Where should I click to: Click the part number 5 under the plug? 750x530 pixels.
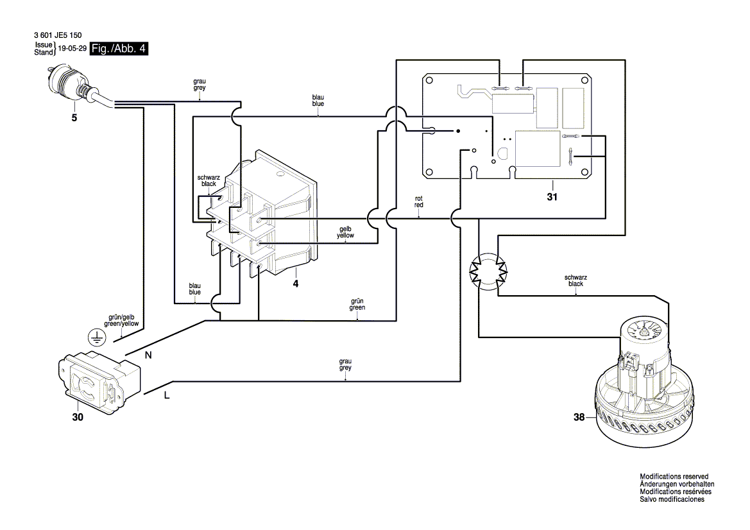[74, 119]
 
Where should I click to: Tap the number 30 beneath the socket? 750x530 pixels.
[77, 417]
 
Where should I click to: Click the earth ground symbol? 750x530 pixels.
[94, 338]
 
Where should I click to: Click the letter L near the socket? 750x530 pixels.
[167, 396]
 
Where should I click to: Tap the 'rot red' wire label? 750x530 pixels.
[418, 201]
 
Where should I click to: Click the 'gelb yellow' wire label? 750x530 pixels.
[345, 232]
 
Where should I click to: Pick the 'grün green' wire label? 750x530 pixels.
[357, 304]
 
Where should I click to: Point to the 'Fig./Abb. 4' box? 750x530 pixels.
[119, 49]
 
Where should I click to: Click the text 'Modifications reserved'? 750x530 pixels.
[676, 477]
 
